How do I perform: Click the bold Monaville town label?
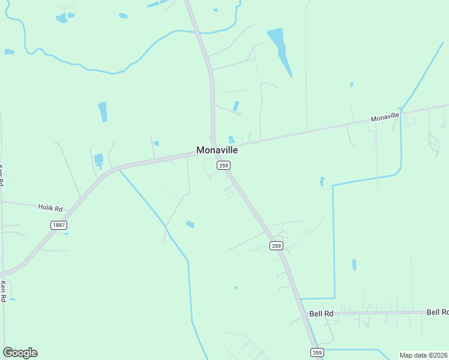(217, 150)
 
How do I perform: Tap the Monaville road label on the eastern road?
(385, 118)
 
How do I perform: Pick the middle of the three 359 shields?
(276, 245)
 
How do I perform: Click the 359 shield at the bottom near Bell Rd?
(317, 352)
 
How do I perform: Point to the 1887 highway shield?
(58, 225)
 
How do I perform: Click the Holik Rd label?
(50, 208)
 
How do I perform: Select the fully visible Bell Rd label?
(321, 314)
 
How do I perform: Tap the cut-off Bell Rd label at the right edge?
(437, 312)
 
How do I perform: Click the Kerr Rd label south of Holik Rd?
(4, 291)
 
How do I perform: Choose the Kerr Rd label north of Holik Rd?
(2, 174)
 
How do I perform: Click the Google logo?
(20, 353)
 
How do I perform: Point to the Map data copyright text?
(424, 355)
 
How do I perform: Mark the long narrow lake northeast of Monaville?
(280, 50)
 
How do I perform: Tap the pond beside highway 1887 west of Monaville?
(99, 160)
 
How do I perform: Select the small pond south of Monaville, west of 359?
(190, 224)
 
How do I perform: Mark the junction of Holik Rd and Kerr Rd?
(2, 202)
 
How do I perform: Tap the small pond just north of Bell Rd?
(354, 264)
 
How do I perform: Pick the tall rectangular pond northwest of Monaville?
(103, 111)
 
